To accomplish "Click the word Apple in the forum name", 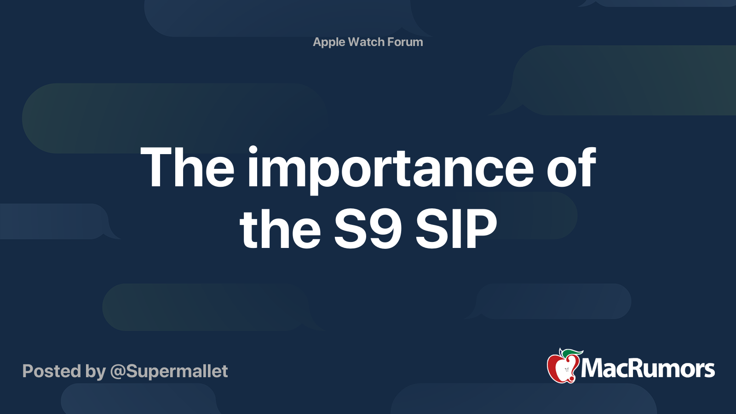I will (329, 42).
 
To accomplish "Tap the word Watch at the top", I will (366, 42).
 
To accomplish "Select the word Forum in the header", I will (405, 42).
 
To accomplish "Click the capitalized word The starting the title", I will (187, 167).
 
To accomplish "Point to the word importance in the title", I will (390, 168).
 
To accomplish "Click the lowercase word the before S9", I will (280, 229).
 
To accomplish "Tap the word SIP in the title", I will (456, 229).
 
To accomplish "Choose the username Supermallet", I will (177, 371).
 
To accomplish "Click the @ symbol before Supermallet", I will (117, 372).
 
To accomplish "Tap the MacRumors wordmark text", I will (648, 368).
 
